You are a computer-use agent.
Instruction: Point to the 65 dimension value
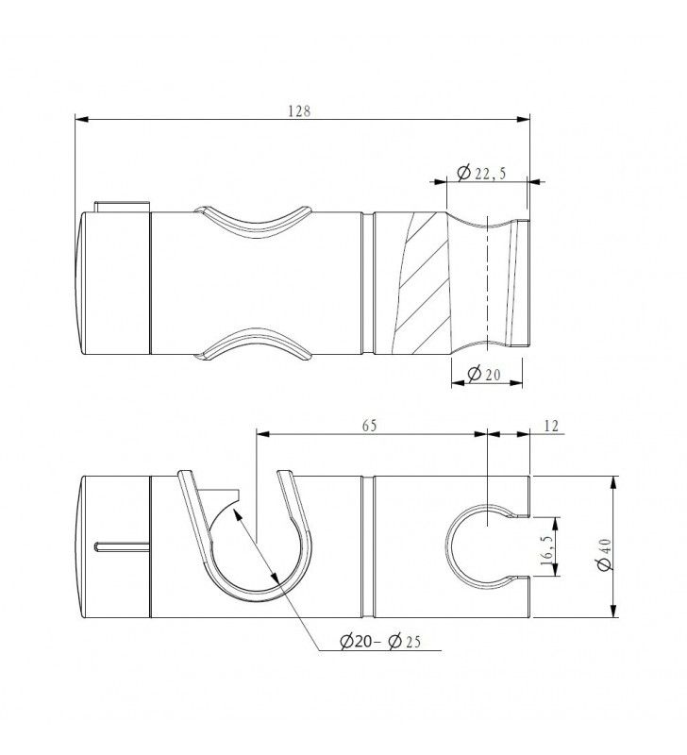coord(369,426)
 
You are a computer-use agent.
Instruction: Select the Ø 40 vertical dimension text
coord(630,545)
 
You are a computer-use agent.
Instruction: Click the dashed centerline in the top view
coord(487,283)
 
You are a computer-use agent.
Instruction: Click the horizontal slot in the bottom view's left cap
coord(123,544)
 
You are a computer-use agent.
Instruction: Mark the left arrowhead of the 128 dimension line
coord(79,119)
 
